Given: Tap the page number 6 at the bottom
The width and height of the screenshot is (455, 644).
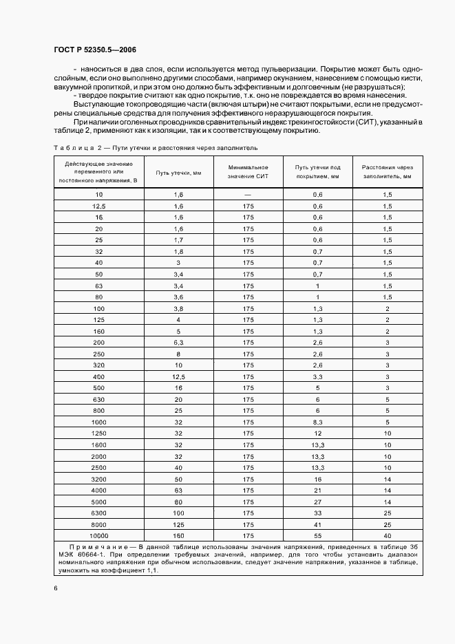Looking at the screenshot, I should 55,588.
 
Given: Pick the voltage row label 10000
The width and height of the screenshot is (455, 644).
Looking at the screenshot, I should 98,535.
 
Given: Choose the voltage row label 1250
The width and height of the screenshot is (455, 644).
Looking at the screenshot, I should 98,433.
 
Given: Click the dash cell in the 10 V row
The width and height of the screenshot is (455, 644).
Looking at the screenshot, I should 248,195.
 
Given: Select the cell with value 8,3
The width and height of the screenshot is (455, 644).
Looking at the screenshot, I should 318,421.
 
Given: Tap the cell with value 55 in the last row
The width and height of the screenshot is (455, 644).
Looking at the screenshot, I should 318,535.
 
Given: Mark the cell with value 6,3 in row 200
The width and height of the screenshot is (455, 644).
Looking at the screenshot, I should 178,342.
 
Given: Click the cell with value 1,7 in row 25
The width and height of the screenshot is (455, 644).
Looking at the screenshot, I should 178,240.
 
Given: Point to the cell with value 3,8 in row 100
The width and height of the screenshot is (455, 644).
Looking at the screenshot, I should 178,308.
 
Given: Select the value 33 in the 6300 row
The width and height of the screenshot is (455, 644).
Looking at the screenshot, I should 318,512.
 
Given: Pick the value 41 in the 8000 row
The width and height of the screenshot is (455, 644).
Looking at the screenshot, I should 318,524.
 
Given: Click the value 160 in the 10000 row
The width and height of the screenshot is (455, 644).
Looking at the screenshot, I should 178,535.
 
